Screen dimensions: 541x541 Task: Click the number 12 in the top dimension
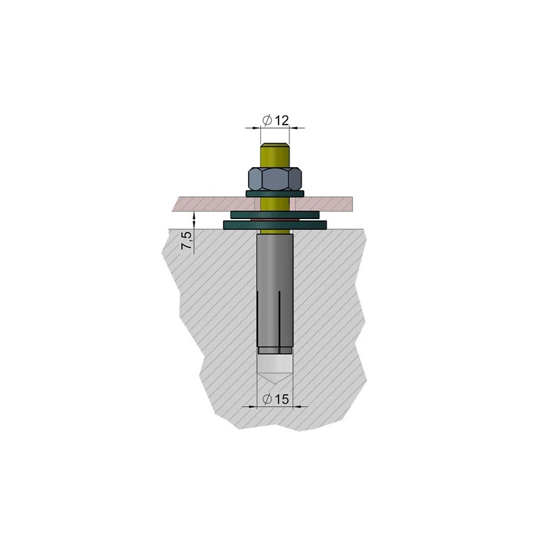[x=282, y=120]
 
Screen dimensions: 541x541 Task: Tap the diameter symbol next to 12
[x=267, y=120]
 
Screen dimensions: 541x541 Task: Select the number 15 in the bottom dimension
[x=282, y=400]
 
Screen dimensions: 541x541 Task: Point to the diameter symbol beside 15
[x=267, y=400]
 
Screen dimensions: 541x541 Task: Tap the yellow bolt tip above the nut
[x=275, y=153]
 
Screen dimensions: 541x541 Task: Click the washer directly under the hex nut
[x=275, y=194]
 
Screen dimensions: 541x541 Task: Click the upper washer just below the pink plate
[x=275, y=214]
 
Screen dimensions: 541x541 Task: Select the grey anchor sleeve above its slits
[x=275, y=264]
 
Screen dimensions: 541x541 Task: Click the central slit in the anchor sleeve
[x=276, y=318]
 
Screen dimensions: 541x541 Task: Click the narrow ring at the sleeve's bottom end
[x=275, y=350]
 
